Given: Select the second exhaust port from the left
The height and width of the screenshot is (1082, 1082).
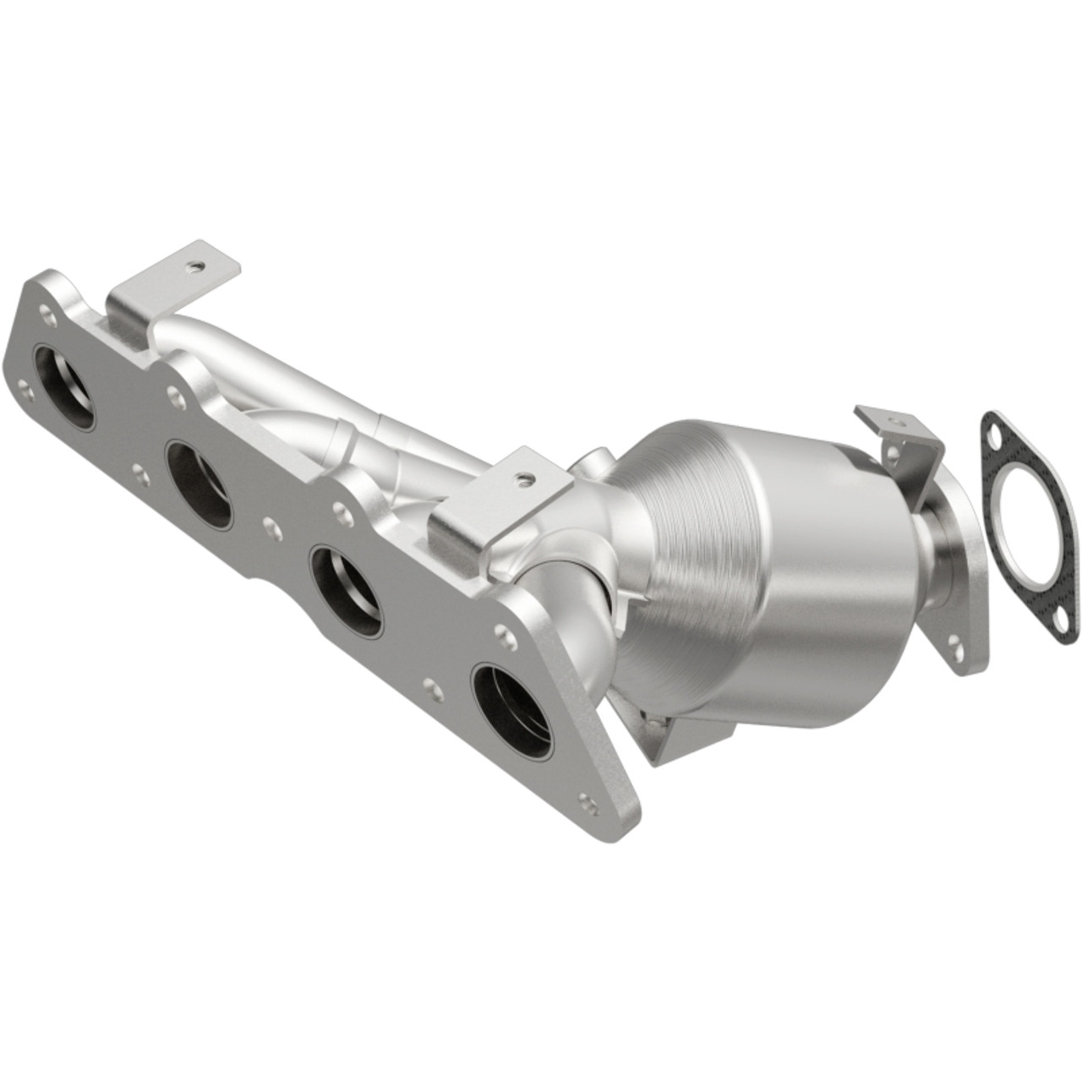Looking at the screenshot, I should [199, 485].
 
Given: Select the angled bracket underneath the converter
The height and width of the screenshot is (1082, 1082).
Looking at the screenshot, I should [676, 735].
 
